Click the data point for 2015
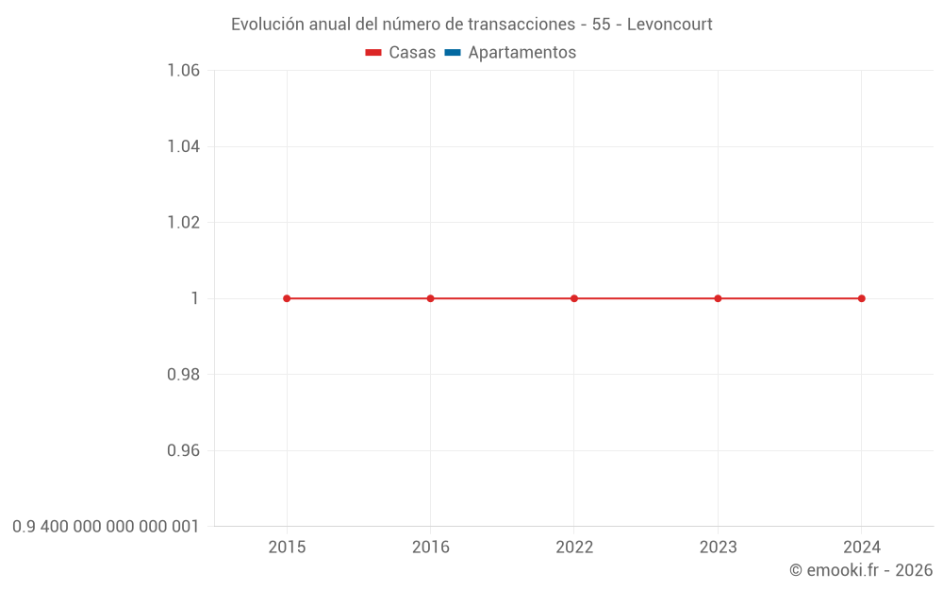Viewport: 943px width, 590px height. point(287,298)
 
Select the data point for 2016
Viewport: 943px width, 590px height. point(430,298)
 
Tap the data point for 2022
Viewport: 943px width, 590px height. point(574,298)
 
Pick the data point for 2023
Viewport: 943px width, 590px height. point(718,298)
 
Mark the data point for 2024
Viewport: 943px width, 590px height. point(861,298)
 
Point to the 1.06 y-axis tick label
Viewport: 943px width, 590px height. point(183,71)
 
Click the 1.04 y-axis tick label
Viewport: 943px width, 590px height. point(183,146)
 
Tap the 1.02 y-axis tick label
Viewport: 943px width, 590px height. point(183,223)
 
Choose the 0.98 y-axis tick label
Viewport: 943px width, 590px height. point(183,375)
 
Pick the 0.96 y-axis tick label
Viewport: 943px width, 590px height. point(183,450)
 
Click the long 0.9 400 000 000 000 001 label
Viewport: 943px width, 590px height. point(106,526)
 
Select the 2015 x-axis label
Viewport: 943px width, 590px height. point(287,548)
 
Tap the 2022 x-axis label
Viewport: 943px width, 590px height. point(574,548)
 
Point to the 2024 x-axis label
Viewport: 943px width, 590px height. point(861,548)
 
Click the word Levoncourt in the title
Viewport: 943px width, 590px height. point(669,25)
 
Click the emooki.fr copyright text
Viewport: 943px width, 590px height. point(861,570)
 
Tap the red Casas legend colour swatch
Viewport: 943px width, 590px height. point(373,53)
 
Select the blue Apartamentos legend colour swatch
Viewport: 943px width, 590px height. point(452,53)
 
